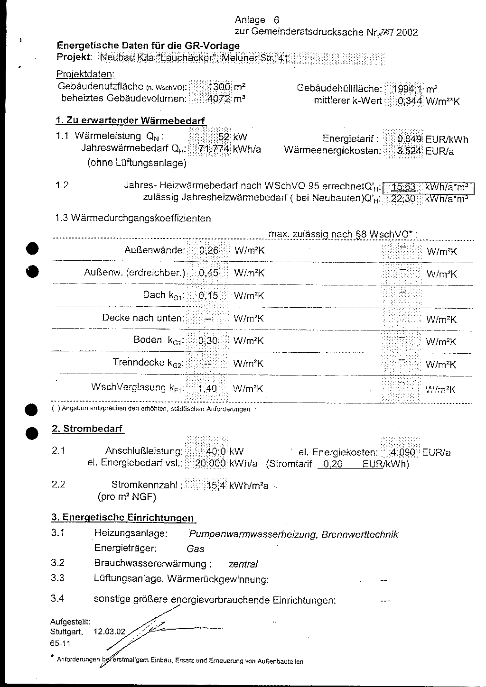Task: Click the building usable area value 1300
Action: [219, 87]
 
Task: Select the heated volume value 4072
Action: [219, 99]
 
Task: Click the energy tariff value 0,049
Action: [409, 139]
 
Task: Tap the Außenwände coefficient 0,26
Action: [209, 250]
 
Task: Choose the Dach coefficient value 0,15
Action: [208, 296]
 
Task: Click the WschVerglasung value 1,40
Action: [207, 389]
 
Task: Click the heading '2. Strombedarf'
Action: [87, 429]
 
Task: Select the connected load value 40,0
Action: [216, 452]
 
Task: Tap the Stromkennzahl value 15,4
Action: [215, 485]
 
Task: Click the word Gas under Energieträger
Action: [196, 549]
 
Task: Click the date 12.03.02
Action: [110, 632]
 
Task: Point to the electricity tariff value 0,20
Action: [330, 464]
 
